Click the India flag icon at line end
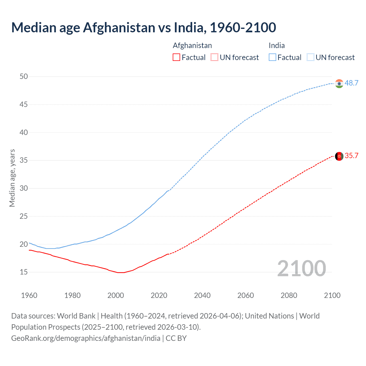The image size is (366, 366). [339, 83]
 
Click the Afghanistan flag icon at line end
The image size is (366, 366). [339, 156]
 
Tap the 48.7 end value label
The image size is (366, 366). [351, 83]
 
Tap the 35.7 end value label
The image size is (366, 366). [351, 156]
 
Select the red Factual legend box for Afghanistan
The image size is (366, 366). [176, 57]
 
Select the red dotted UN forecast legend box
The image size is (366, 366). [214, 57]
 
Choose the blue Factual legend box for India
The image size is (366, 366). [272, 57]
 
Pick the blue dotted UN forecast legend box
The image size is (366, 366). [310, 57]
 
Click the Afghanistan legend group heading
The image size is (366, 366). [192, 45]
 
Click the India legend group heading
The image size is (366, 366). [277, 45]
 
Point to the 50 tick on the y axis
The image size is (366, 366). [24, 76]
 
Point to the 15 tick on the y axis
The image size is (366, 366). [24, 272]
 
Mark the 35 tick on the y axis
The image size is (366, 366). [24, 160]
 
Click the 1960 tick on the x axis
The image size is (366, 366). [29, 295]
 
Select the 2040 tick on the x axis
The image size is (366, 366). [202, 295]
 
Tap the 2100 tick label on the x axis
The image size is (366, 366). [332, 295]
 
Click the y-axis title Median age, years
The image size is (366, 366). [12, 178]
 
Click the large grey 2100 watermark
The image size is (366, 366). [301, 268]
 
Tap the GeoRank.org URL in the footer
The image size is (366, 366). [86, 338]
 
